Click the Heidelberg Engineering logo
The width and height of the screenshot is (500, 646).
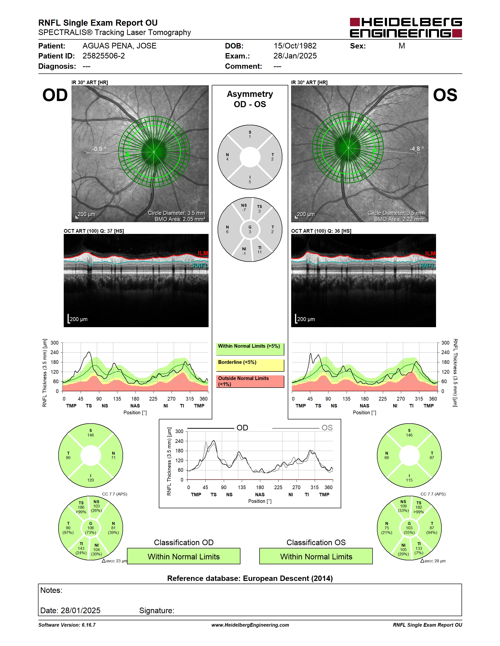coord(406,27)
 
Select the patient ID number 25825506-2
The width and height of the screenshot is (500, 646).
coord(104,56)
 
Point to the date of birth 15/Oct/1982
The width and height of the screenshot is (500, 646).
coord(295,46)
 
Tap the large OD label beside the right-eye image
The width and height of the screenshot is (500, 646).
coord(55,95)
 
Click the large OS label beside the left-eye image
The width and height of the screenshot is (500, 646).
coord(445,95)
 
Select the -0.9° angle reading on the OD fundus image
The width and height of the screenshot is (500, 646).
coord(99,149)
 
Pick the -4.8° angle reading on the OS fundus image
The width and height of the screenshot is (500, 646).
coord(417,149)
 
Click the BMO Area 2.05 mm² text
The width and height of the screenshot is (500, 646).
coord(180,219)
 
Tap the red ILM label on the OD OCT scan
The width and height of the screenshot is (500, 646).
coord(203,253)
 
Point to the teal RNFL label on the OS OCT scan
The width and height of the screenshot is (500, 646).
coord(428,265)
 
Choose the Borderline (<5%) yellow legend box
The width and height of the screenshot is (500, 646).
coord(250,365)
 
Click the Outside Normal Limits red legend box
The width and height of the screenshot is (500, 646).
coord(250,381)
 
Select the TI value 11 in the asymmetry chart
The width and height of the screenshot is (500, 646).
coord(260,252)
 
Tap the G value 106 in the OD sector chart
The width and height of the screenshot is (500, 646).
coord(91,528)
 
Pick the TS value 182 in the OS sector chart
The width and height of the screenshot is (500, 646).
coord(419,507)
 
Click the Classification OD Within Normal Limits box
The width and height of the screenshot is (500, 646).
coord(184,556)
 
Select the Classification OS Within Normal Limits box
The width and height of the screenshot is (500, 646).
coord(316,556)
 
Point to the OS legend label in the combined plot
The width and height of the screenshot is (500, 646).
coord(327,428)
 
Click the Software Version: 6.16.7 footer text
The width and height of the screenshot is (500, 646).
coord(67,625)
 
